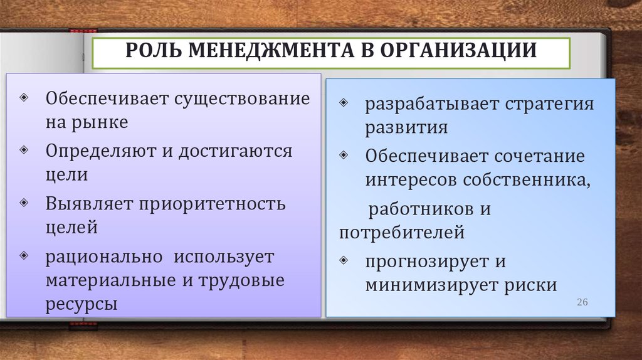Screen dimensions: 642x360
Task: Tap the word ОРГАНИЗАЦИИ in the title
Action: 458,50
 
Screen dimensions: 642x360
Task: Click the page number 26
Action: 582,302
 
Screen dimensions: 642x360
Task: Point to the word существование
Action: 243,99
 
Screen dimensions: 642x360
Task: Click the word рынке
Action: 100,123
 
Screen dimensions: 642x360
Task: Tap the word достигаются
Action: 236,152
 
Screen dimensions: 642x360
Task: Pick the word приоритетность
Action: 212,204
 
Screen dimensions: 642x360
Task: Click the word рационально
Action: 104,257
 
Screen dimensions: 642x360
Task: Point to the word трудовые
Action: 241,280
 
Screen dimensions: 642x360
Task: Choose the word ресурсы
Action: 82,304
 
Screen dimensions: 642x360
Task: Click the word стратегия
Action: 549,104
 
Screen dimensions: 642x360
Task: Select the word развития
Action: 406,127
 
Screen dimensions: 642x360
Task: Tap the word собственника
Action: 527,180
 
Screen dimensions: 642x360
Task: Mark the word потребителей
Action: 402,233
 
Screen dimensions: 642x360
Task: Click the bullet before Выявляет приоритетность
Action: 24,203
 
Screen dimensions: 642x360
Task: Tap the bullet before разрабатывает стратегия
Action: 344,102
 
